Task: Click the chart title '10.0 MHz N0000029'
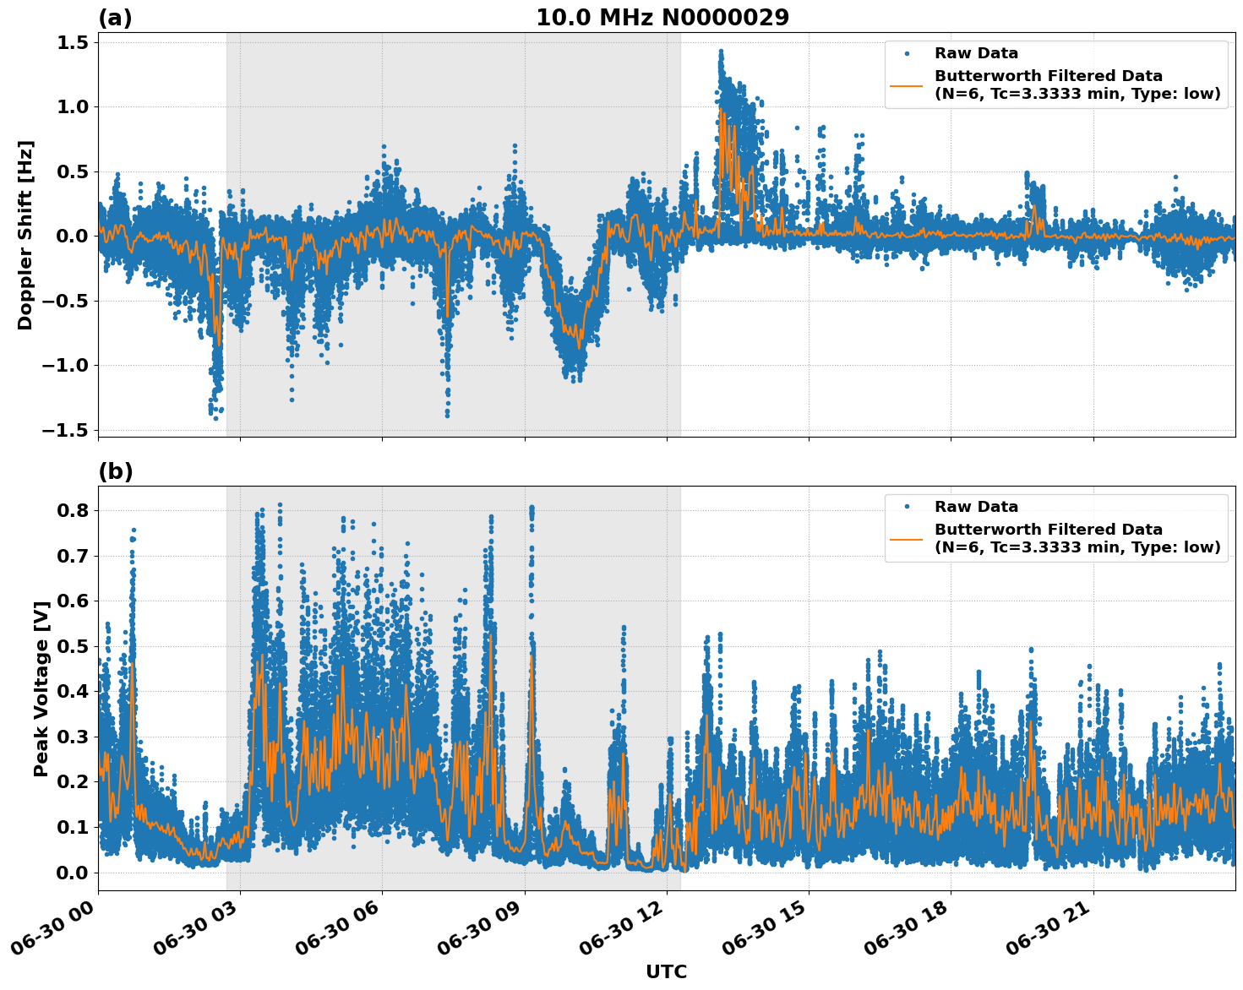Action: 662,18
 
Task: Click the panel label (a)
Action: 115,18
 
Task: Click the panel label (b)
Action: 116,471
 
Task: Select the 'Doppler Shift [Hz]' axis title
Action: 25,235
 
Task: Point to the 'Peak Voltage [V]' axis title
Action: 41,688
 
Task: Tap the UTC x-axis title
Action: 666,971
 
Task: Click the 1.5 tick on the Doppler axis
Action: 74,43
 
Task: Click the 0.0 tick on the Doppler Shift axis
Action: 74,237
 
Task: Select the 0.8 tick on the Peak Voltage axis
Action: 74,511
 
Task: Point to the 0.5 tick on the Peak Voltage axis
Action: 74,647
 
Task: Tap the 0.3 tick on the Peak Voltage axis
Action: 74,737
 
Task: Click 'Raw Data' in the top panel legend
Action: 976,54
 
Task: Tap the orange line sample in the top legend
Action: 907,84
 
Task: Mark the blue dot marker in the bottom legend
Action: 907,507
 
